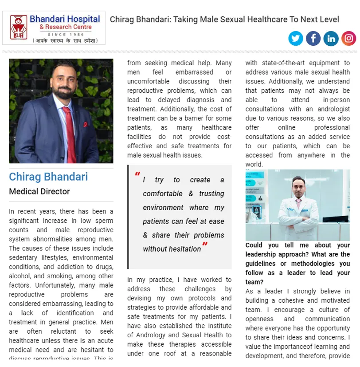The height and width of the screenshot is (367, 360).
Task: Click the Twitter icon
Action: [x=296, y=38]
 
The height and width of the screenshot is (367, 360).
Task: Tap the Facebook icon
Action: [x=313, y=38]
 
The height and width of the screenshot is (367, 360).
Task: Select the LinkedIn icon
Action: [x=331, y=38]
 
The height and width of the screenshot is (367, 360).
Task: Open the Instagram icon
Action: [x=349, y=38]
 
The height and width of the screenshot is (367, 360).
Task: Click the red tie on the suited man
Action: [x=70, y=133]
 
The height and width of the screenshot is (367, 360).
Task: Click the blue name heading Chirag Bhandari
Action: [x=48, y=177]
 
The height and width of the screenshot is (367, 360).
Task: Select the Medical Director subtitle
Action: [x=39, y=192]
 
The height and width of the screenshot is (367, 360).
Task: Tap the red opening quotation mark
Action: [x=137, y=174]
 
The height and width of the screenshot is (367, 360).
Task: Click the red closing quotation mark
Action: [x=205, y=245]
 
